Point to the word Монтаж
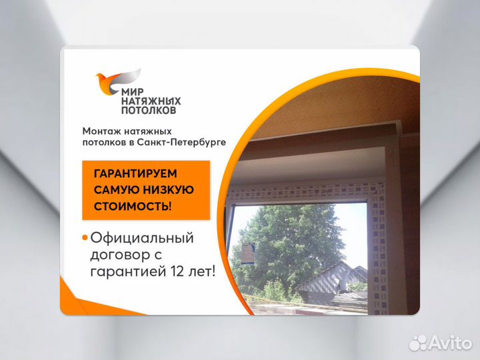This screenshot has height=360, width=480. tap(102, 131)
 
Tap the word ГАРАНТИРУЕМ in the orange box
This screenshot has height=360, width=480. tap(137, 173)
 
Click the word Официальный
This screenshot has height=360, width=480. tap(142, 238)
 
